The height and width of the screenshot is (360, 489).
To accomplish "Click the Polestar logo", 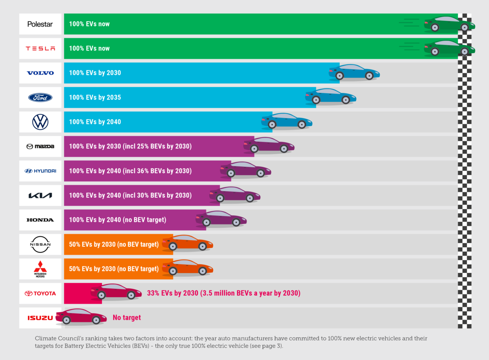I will (x=40, y=24).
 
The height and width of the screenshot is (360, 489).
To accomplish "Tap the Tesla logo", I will (x=40, y=48).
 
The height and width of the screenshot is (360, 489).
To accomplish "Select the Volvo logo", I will (x=40, y=73).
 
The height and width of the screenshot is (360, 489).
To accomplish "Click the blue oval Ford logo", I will (x=40, y=98).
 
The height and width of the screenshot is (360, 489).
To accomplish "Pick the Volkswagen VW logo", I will (x=40, y=122).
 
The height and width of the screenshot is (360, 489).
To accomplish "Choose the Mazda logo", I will (x=40, y=146).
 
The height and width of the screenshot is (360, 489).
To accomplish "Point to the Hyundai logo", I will (x=40, y=171).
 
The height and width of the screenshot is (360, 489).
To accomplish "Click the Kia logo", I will (x=40, y=196).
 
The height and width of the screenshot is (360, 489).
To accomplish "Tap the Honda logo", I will (x=40, y=220).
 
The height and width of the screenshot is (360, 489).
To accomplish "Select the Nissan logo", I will (x=40, y=244).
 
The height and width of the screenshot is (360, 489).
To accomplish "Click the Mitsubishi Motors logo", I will (x=40, y=269).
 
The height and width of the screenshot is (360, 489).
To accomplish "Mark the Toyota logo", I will (x=40, y=293).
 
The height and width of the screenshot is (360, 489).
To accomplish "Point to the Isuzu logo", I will (x=40, y=318).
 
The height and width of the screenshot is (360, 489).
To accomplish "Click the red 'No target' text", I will (x=127, y=318).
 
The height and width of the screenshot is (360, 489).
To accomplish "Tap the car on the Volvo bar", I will (x=354, y=72).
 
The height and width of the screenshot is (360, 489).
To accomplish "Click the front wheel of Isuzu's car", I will (x=96, y=320).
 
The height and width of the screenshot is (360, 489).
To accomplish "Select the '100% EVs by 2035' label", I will (x=95, y=98).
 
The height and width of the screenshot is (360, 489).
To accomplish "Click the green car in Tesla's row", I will (x=449, y=47).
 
